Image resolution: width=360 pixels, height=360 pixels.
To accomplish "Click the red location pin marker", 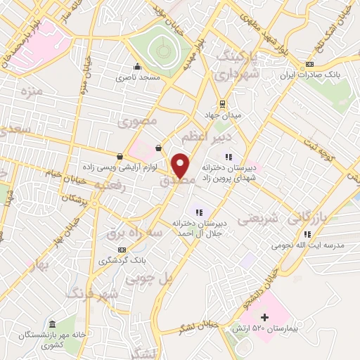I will point(181,165).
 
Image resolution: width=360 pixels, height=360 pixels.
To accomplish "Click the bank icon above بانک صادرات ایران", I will point(310,65).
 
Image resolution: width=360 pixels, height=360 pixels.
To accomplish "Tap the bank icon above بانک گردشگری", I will point(122,250).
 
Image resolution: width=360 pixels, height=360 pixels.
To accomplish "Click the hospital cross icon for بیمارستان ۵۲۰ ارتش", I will point(264,318).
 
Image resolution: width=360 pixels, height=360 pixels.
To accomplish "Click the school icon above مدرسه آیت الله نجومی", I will point(307,234).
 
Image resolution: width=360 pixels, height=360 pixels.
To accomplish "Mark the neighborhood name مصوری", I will point(136,122).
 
